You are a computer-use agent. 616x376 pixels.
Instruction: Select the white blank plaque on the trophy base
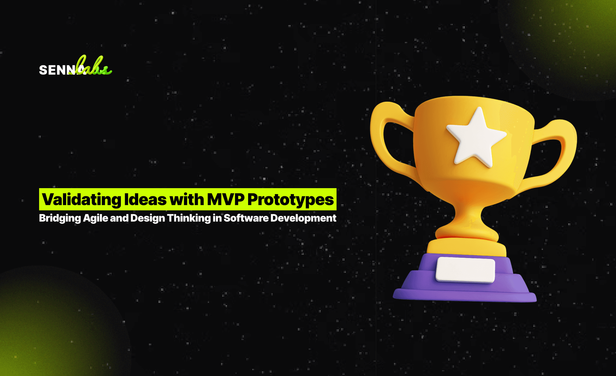[x=465, y=270]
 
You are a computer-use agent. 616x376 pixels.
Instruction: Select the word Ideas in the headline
[x=145, y=200]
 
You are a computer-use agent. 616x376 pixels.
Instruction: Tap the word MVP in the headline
[x=225, y=200]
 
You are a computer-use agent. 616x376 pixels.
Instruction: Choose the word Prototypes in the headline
[x=291, y=200]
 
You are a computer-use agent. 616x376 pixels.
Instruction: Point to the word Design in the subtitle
[x=147, y=218]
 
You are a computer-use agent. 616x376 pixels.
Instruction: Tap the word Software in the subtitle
[x=246, y=218]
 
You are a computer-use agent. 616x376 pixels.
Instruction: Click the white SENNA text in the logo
[x=57, y=70]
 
